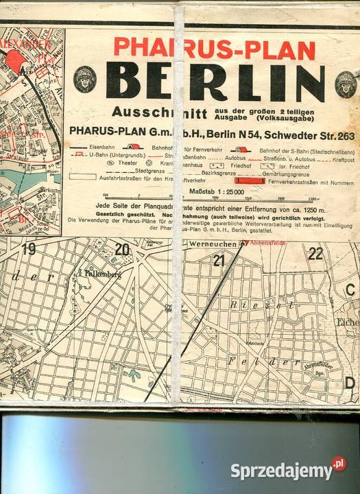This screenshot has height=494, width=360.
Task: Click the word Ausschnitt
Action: coord(147,113)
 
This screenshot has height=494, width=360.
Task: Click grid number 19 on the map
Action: coord(28,250)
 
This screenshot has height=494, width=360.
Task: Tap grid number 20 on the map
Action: coord(122,250)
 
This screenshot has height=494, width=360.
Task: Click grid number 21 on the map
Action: coord(219,260)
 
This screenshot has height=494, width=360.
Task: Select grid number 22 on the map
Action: coord(315,253)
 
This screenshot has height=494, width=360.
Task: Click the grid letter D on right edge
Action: coord(350,383)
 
